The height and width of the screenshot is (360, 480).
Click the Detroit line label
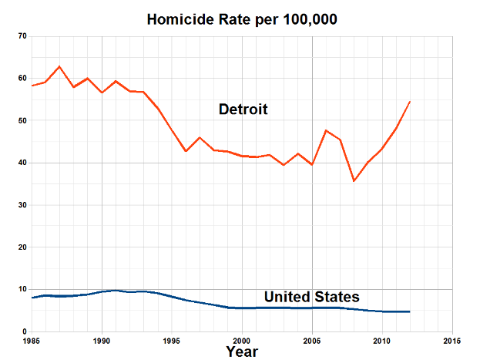[243, 109]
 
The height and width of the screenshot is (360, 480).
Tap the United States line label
[311, 297]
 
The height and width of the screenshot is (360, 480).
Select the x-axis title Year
[242, 352]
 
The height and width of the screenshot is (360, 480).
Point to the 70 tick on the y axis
[22, 36]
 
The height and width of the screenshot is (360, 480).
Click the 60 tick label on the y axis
[22, 79]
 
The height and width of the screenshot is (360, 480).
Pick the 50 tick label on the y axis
[22, 121]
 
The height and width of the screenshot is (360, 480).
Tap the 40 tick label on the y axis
[22, 163]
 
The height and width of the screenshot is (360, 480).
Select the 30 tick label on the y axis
[22, 205]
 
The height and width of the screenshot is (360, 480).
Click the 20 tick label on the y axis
[22, 247]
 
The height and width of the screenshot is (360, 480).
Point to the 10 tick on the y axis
[22, 289]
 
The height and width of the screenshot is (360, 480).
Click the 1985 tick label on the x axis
[32, 340]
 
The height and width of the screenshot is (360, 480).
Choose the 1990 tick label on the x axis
[102, 340]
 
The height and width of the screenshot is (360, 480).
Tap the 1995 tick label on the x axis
[173, 340]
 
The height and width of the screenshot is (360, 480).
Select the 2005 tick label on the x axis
[312, 340]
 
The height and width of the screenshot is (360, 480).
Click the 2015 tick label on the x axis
[451, 340]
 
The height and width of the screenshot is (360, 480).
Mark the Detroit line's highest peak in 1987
[59, 66]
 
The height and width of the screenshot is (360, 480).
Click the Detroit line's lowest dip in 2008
[354, 181]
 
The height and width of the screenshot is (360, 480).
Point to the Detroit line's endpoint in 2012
[410, 101]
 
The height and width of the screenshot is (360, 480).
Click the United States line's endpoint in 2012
[410, 311]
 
